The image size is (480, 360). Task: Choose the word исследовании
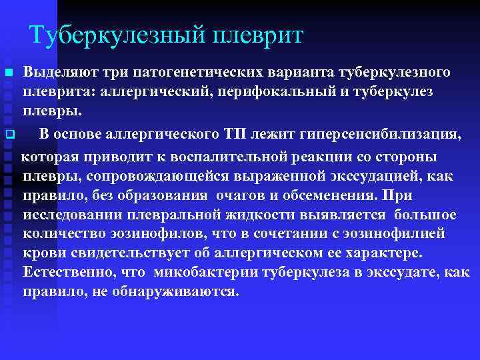point(74,215)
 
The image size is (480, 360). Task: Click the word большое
point(425,215)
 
